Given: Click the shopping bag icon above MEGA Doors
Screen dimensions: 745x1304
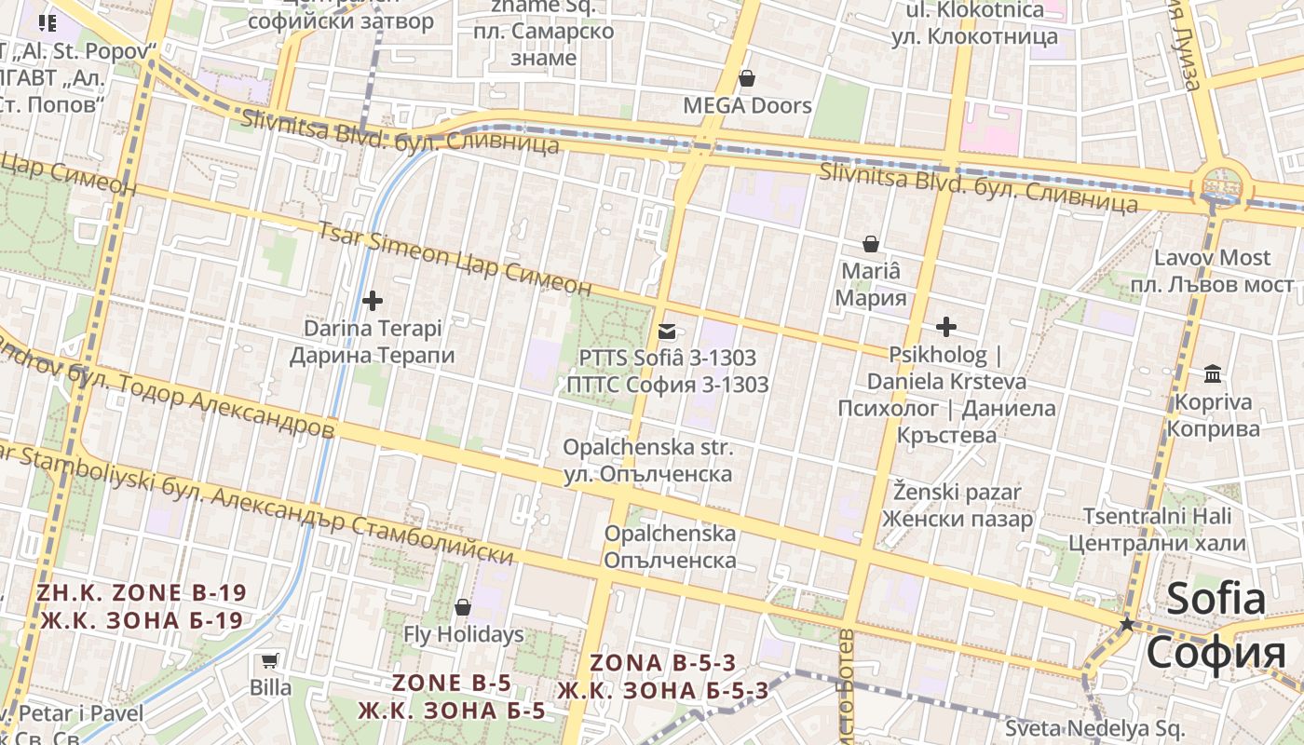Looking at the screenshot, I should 746,78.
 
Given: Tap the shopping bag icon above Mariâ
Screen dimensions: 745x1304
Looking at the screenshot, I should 870,244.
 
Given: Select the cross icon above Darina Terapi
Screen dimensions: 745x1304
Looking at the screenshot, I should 373,301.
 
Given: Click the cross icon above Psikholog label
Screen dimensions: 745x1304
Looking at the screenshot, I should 946,327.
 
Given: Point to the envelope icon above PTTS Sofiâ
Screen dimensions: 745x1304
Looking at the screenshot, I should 667,331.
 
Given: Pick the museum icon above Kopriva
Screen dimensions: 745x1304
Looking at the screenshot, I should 1213,374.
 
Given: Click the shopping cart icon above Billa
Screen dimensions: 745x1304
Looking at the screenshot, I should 269,661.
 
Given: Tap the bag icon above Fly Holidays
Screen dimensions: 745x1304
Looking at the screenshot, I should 462,608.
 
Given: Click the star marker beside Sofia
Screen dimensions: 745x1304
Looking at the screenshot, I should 1127,624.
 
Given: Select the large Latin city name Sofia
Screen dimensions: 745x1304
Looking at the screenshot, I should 1216,598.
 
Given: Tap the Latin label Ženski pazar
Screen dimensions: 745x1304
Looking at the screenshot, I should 958,492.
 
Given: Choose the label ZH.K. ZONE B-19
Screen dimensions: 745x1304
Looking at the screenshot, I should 141,592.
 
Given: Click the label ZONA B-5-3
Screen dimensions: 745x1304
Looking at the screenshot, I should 662,663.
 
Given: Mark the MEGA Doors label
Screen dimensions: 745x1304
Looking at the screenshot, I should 747,105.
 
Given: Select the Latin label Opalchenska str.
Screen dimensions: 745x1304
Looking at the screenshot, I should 647,448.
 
